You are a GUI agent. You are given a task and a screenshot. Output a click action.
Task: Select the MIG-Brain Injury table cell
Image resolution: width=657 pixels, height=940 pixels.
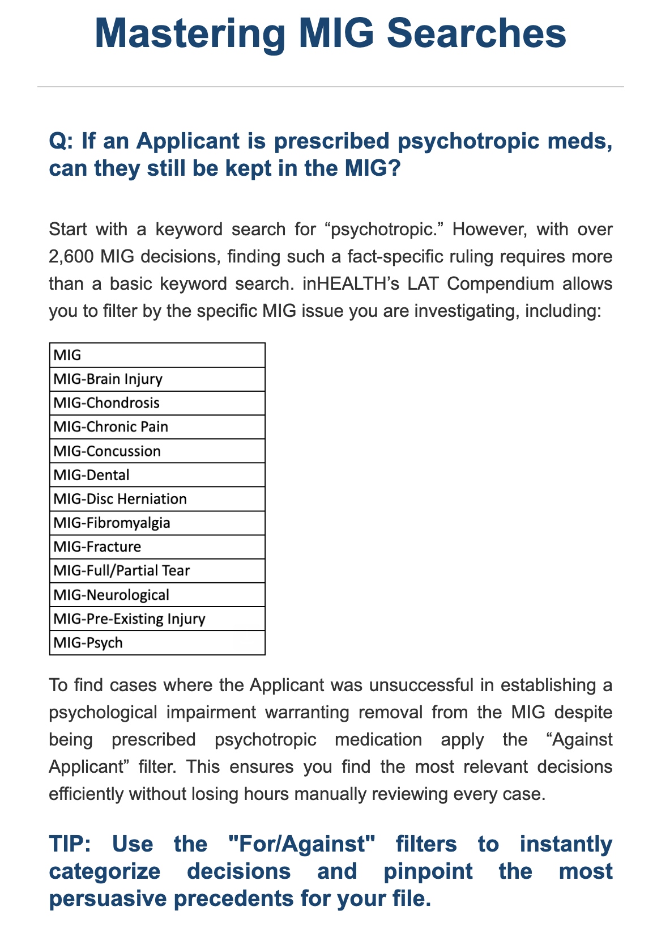(x=157, y=379)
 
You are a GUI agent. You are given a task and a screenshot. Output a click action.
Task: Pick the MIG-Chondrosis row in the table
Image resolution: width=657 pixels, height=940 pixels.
(x=157, y=403)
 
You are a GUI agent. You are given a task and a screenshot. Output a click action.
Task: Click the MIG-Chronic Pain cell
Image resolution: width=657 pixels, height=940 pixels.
(x=157, y=427)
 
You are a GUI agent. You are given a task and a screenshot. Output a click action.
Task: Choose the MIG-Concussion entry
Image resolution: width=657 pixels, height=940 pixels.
(x=157, y=451)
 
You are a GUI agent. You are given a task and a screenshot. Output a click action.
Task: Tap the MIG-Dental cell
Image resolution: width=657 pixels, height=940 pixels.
(x=157, y=475)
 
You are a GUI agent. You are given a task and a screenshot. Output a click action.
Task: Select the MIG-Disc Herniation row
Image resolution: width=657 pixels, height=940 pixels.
(x=157, y=499)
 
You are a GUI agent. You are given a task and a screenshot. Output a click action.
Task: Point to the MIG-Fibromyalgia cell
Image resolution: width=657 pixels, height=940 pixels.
(x=157, y=523)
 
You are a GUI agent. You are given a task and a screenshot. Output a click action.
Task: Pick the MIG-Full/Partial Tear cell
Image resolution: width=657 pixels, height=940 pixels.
(x=157, y=571)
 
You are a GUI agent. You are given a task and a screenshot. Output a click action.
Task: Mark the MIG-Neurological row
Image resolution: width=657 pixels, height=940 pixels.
(x=157, y=595)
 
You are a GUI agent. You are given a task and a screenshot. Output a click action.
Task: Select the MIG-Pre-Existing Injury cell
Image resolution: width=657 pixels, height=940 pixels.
(x=157, y=619)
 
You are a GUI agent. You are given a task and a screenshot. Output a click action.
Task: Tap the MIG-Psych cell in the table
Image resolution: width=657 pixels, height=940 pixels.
(x=157, y=643)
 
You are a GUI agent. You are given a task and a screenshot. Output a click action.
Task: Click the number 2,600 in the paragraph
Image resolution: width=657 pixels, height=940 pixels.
(x=71, y=256)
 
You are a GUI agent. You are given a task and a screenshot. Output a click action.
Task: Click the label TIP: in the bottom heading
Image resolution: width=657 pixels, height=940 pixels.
(x=72, y=844)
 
